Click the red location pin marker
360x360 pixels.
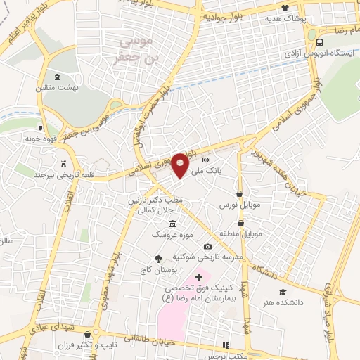click(181, 164)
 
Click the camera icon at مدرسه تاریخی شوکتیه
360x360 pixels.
click(207, 246)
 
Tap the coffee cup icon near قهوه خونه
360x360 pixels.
click(41, 128)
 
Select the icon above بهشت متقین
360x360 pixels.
click(58, 77)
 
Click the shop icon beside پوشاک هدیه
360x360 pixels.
click(285, 8)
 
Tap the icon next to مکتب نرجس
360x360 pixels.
click(225, 345)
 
